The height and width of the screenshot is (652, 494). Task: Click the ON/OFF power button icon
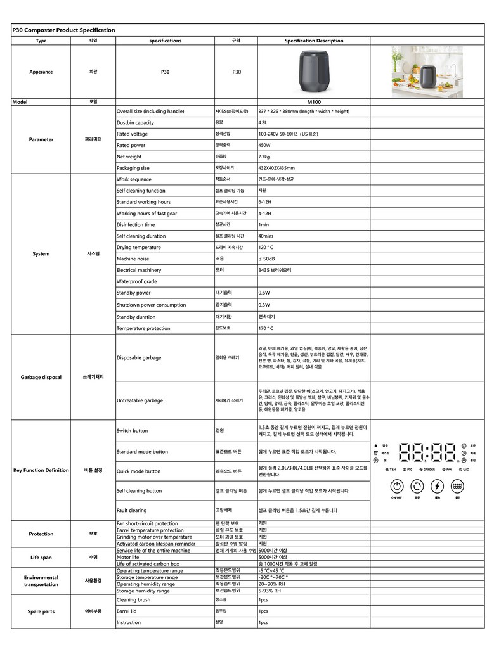coord(397,487)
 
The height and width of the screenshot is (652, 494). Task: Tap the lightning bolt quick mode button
coord(437,487)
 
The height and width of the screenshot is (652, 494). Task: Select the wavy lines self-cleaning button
coord(457,487)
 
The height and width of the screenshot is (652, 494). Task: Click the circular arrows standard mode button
coord(417,487)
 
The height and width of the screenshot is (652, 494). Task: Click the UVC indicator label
coord(466,470)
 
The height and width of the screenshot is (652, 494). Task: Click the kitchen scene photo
coord(427,71)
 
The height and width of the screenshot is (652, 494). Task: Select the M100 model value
coord(313,101)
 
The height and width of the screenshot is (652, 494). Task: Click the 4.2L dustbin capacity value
coord(263,122)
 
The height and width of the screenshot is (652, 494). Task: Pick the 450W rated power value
coord(264,145)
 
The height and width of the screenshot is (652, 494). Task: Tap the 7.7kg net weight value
coord(264,157)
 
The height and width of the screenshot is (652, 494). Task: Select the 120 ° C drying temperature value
coord(266,247)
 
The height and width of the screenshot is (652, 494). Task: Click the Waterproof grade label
coord(136,281)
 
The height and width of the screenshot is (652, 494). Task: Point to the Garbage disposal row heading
coord(41,377)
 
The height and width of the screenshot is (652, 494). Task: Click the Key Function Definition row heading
coord(41,470)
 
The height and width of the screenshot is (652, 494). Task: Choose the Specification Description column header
coord(313,41)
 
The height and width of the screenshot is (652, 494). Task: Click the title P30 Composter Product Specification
coord(63,30)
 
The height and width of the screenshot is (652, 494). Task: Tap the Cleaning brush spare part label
coord(133,599)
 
